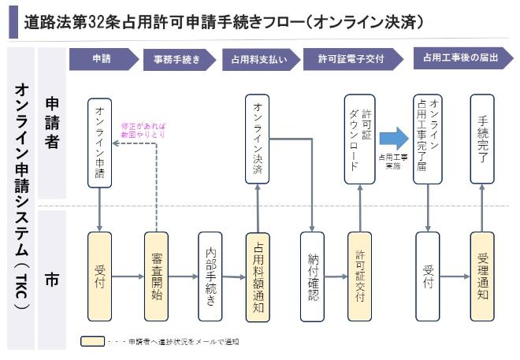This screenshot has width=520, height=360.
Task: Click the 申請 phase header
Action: point(102,59)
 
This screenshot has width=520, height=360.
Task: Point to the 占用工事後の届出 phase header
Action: point(457,59)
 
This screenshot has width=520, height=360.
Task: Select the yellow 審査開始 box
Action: point(157,276)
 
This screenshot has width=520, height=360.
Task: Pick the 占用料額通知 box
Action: point(258,276)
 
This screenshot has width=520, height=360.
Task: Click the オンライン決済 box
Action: point(258,139)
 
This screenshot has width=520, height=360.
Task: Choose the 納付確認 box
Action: point(312,276)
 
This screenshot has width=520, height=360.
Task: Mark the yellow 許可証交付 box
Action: point(360,276)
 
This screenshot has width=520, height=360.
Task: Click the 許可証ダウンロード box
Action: point(360,139)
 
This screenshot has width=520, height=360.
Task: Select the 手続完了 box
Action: point(482,139)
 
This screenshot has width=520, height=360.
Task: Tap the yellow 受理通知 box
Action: point(482,276)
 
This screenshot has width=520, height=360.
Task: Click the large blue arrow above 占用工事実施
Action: point(393,139)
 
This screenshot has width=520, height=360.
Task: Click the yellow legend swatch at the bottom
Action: point(92,342)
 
